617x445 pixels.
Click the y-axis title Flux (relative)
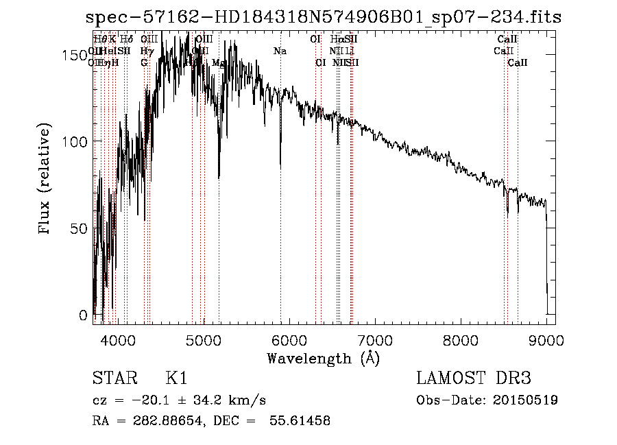coord(46,180)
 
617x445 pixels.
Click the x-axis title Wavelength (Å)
coord(324,358)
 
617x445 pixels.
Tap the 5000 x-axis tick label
coord(204,339)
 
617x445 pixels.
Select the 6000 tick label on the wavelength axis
coord(289,339)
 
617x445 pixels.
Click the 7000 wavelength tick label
coord(375,339)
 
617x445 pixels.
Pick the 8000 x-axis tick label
coord(461,339)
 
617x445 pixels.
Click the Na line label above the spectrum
coord(280,51)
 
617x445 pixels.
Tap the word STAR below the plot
coord(112,378)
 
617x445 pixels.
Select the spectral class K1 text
coord(176,378)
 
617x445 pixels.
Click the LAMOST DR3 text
coord(473,378)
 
